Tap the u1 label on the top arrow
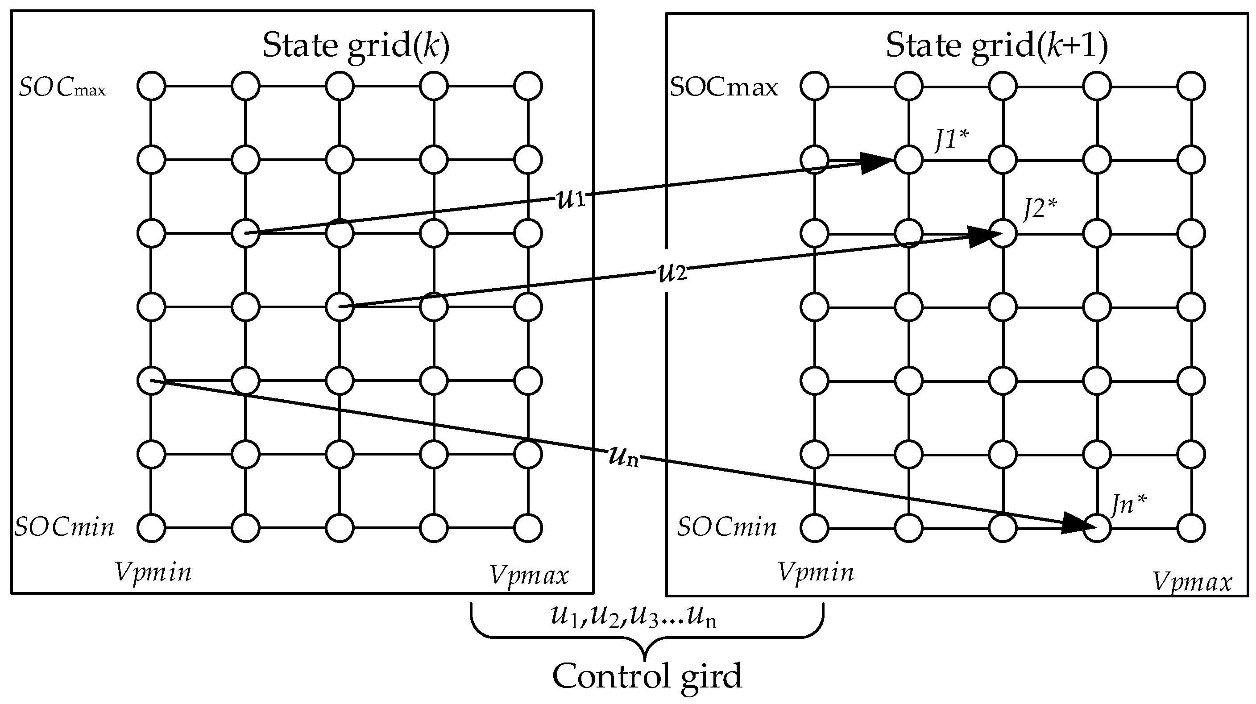[571, 199]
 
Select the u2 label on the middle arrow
[672, 273]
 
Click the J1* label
[951, 140]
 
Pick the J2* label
[1040, 209]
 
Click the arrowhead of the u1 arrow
[878, 163]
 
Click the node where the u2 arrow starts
[340, 307]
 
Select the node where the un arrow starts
[151, 381]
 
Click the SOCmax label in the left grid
[62, 89]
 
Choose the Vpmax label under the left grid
[529, 576]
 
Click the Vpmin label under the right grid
[816, 572]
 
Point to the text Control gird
[647, 677]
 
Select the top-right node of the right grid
[1191, 86]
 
